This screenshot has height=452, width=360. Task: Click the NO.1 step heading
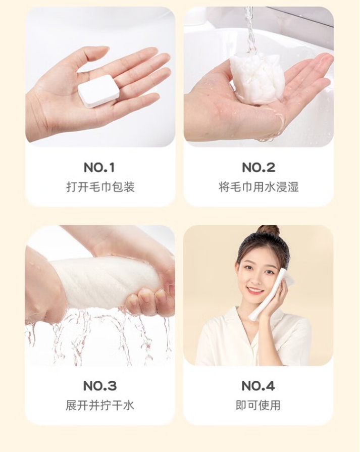point(99,168)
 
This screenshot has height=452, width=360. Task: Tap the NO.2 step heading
point(258,168)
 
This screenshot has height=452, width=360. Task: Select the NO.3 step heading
point(100,386)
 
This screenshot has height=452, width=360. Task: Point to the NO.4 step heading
point(258,386)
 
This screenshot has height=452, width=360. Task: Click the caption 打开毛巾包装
point(100,187)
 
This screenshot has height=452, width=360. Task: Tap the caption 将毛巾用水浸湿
point(259,187)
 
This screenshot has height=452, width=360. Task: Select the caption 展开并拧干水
point(100,406)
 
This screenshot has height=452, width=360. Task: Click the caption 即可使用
point(258,406)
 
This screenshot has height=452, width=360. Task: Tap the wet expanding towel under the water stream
point(256,77)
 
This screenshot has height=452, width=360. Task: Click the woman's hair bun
point(268,231)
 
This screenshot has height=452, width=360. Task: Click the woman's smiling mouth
point(255,290)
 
